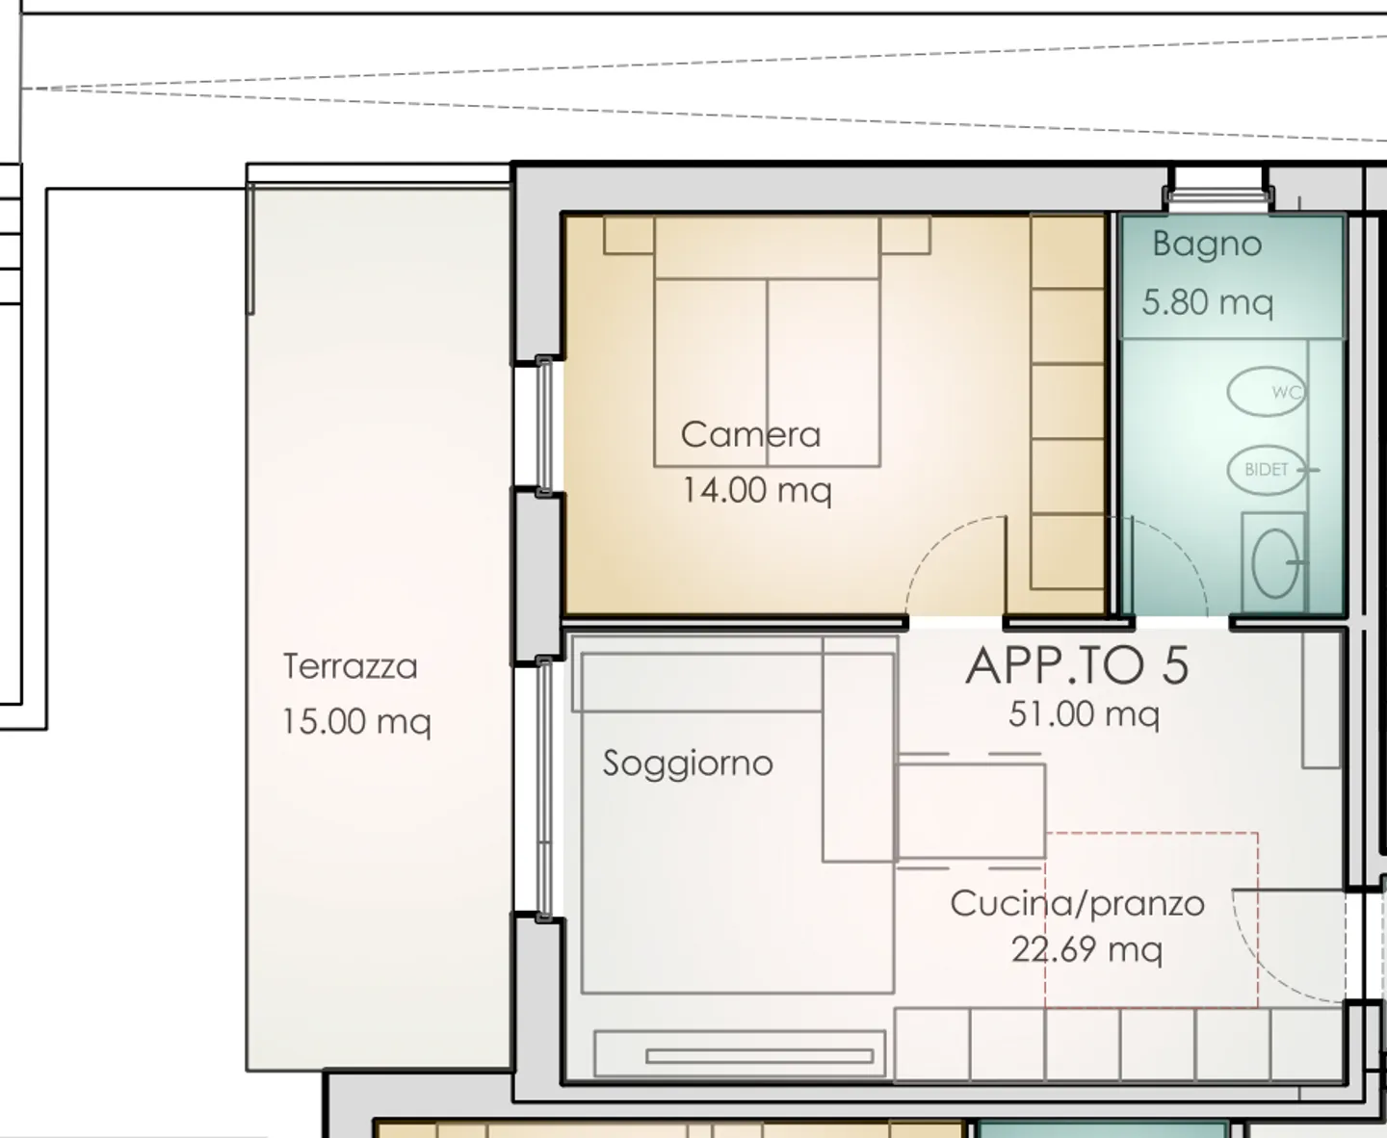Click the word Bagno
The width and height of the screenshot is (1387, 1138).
click(x=1207, y=246)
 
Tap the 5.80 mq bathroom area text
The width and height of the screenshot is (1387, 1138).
click(x=1208, y=303)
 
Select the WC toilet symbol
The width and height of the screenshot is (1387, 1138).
click(x=1266, y=392)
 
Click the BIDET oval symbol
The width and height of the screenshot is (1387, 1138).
click(x=1266, y=470)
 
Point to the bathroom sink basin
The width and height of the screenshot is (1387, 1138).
click(x=1275, y=563)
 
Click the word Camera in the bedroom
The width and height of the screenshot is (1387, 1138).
click(x=751, y=435)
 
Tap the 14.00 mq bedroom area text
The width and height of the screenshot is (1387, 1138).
click(x=757, y=491)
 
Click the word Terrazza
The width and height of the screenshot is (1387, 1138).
click(x=350, y=666)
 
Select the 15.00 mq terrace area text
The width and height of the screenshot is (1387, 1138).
click(x=356, y=722)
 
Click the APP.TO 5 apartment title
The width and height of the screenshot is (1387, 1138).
click(x=1077, y=666)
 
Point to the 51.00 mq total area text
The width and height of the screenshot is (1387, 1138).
click(x=1084, y=714)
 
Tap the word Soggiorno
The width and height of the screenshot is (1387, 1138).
click(x=688, y=763)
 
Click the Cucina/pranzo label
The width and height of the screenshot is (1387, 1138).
click(x=1077, y=904)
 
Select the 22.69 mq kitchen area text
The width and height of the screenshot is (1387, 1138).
click(x=1086, y=950)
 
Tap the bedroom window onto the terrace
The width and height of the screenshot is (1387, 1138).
click(x=544, y=426)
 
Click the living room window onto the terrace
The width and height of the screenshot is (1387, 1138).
click(x=544, y=789)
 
